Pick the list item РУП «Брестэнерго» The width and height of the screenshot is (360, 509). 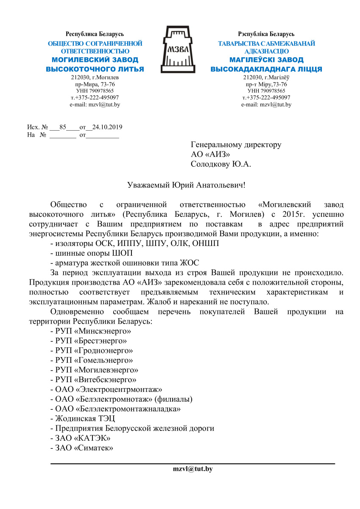point(89,341)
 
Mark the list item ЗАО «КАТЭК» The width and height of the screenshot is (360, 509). point(80,438)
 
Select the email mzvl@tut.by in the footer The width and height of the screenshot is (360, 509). point(193,469)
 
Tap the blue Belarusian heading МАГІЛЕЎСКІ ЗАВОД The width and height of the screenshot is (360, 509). point(266,60)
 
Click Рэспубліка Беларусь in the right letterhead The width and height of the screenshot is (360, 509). point(266,34)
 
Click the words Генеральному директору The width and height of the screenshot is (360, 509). point(236,145)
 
